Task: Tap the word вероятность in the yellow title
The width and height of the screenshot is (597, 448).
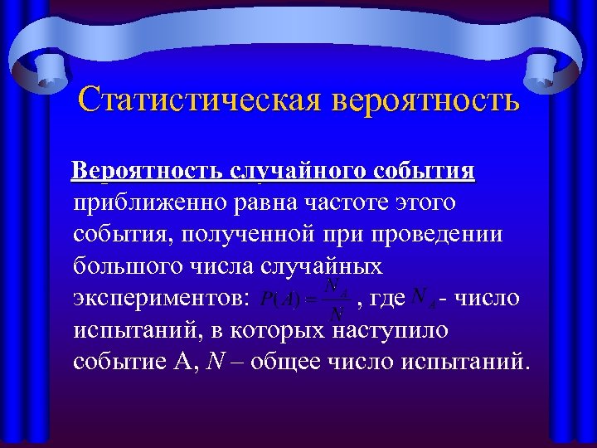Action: tap(426, 101)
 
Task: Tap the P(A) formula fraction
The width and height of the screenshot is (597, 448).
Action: tap(305, 299)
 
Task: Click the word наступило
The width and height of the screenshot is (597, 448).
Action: tap(391, 330)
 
